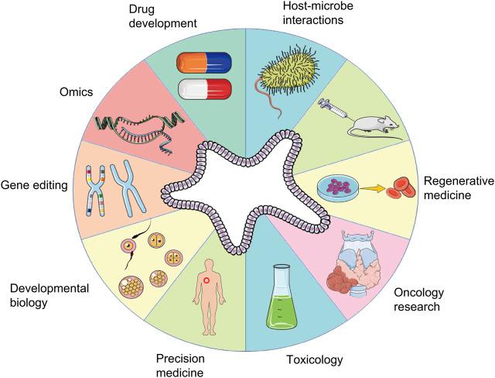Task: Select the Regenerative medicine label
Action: (458, 187)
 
